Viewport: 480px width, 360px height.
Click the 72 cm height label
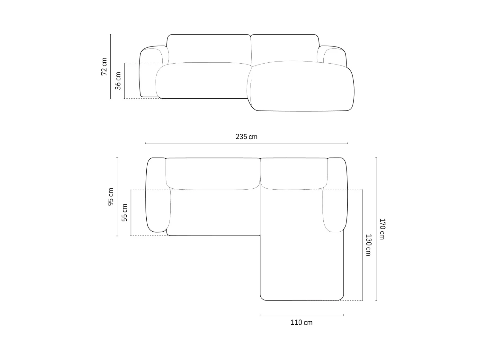pyautogui.click(x=104, y=66)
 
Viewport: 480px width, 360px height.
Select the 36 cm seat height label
pyautogui.click(x=118, y=81)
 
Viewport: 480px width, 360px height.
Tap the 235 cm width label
pyautogui.click(x=247, y=136)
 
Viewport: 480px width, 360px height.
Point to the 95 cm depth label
pyautogui.click(x=111, y=196)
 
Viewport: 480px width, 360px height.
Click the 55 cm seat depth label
pyautogui.click(x=124, y=212)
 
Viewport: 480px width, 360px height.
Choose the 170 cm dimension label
pyautogui.click(x=382, y=229)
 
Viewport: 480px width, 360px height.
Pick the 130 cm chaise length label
pyautogui.click(x=368, y=245)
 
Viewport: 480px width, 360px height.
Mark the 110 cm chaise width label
pyautogui.click(x=301, y=322)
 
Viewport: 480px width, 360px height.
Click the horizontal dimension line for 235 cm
pyautogui.click(x=247, y=143)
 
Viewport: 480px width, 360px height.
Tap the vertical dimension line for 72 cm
pyautogui.click(x=110, y=66)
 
